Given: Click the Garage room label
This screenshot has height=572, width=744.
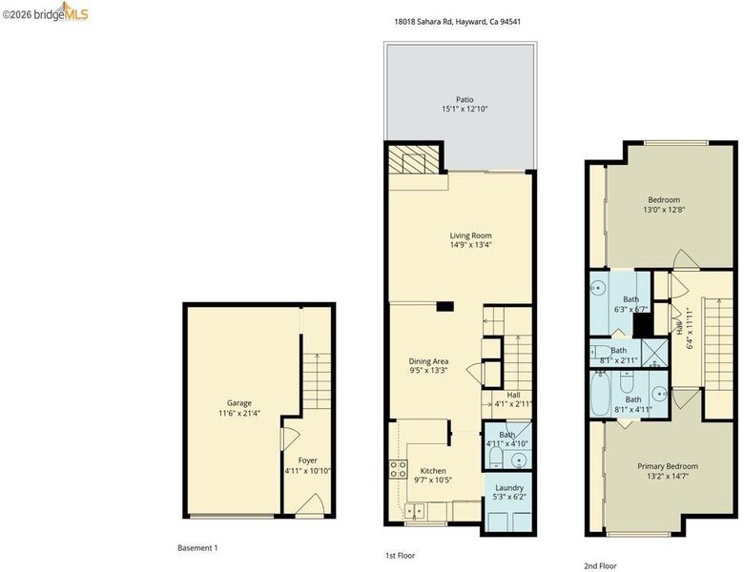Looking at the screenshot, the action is [239, 403].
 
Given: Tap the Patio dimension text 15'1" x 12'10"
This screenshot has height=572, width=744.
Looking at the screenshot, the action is [465, 109].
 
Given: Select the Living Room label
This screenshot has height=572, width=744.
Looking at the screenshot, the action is [470, 235].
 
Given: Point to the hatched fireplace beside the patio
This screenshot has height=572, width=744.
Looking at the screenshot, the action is [413, 159].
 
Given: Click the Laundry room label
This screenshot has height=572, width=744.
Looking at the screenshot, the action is [509, 487].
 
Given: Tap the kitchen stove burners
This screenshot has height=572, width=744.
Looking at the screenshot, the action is [398, 469].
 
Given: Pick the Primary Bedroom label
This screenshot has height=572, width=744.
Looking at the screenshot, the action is [668, 466].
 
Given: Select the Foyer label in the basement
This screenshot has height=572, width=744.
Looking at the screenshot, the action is [307, 460].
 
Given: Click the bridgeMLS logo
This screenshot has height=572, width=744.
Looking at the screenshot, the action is [46, 12].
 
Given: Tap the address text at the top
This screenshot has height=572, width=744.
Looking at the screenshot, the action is [458, 21].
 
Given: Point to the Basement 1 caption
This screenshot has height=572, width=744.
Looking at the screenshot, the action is [197, 548].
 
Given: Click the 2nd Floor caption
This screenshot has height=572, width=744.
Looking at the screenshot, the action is [600, 566].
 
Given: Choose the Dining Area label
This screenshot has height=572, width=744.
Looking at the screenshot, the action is [429, 361].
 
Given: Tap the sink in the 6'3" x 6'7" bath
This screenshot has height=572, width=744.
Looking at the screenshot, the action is [599, 287].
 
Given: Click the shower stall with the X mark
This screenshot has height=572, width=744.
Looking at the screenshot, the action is [653, 353].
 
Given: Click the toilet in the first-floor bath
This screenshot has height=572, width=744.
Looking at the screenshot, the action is [495, 458].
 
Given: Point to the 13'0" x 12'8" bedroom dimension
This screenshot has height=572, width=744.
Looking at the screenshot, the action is [664, 209].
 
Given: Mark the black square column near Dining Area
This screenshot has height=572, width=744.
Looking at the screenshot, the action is [445, 306].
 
